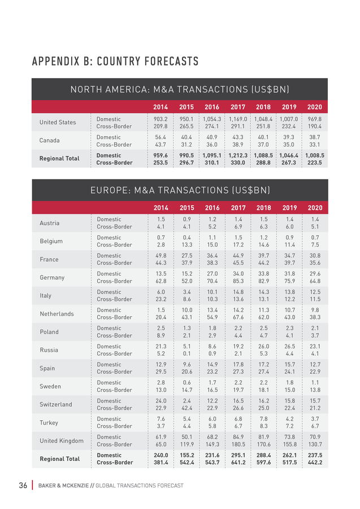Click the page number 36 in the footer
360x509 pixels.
(23, 485)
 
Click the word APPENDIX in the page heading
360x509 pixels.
(55, 61)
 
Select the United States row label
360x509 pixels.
(58, 122)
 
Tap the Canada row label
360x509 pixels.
(49, 140)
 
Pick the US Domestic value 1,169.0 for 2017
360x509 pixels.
(238, 119)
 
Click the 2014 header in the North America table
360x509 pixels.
(161, 107)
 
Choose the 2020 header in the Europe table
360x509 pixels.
(315, 208)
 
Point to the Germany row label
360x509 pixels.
(52, 278)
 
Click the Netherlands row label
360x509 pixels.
(57, 314)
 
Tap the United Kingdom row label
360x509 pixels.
(62, 441)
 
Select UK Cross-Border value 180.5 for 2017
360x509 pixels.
(238, 445)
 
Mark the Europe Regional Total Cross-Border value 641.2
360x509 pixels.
(238, 463)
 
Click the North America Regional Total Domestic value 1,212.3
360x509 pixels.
(238, 156)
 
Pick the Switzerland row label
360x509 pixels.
(56, 404)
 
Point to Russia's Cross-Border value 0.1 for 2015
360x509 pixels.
(187, 353)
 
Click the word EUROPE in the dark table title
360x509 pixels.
(110, 190)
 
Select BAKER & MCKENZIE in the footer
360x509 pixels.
(63, 486)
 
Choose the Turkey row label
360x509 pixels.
(49, 422)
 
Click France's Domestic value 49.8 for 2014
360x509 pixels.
(161, 256)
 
